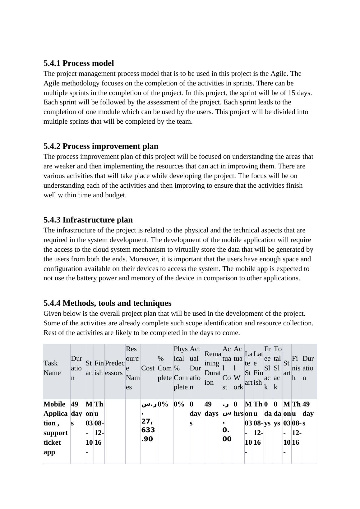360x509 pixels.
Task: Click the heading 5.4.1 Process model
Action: click(79, 63)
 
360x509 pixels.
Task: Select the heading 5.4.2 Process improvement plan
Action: click(101, 146)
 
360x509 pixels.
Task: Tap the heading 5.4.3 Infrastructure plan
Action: click(88, 220)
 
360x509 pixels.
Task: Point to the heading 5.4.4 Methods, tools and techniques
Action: click(107, 303)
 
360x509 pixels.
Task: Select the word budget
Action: click(116, 195)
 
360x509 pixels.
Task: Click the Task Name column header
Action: click(51, 368)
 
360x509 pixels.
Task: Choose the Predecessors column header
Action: click(115, 368)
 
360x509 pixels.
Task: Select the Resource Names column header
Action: click(133, 368)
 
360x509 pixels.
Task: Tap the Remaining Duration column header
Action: click(213, 368)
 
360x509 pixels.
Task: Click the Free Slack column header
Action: click(268, 368)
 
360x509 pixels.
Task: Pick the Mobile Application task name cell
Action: click(56, 428)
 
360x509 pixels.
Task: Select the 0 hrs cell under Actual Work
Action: click(238, 409)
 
